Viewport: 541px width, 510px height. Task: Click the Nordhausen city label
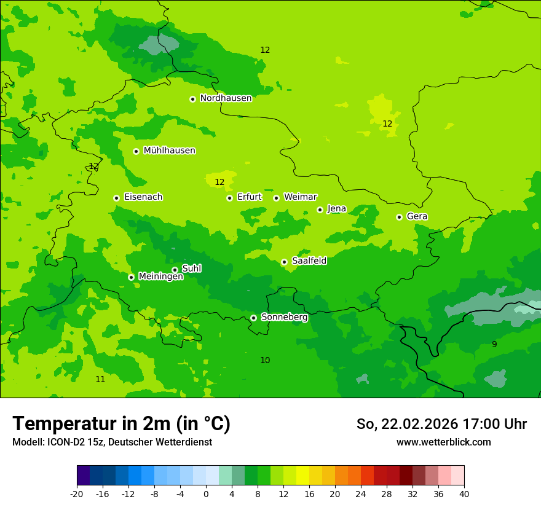coord(226,98)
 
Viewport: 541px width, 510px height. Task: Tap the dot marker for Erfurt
coord(229,198)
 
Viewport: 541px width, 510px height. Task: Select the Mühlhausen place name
coord(169,151)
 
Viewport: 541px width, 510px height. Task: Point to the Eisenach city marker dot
coord(116,198)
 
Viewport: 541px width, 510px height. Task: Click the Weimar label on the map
coord(300,197)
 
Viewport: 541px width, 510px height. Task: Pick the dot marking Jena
coord(320,210)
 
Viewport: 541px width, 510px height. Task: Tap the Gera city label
coord(417,216)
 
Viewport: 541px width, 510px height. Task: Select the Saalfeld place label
coord(309,261)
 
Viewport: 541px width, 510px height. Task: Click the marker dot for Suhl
coord(175,270)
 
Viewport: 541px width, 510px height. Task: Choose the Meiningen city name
coord(160,277)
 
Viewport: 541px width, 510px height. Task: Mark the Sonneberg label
coord(284,317)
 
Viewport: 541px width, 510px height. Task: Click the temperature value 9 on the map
coord(494,344)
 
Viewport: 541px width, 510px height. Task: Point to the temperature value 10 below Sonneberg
coord(265,360)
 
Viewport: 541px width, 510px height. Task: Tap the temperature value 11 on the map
coord(100,379)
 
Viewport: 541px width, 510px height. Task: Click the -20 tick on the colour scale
coord(77,494)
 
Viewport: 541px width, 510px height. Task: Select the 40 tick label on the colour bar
coord(464,494)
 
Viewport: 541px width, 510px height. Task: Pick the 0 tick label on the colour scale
coord(206,494)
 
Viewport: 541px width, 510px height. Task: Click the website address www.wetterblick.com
coord(443,442)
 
